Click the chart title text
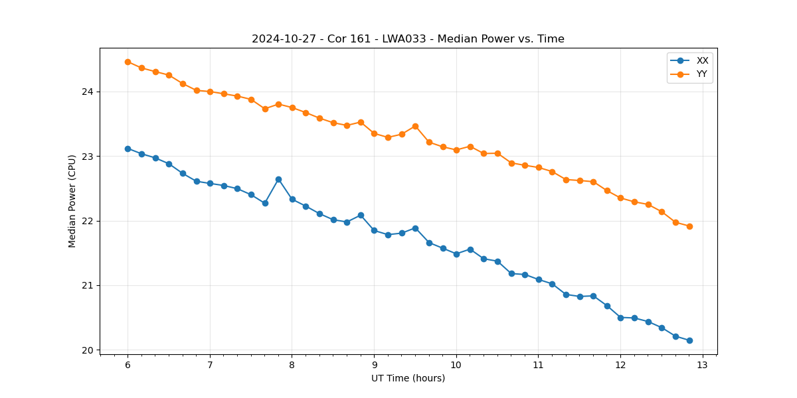point(408,39)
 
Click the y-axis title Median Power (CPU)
point(72,201)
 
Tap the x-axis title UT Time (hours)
point(408,378)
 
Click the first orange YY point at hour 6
point(128,62)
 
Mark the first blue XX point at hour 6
point(128,149)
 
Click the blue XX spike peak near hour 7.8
point(278,179)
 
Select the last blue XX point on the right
point(689,340)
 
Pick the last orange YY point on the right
point(689,226)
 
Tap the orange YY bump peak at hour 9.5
point(415,126)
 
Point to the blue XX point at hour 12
point(620,318)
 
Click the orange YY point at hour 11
point(539,167)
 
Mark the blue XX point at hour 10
point(456,254)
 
